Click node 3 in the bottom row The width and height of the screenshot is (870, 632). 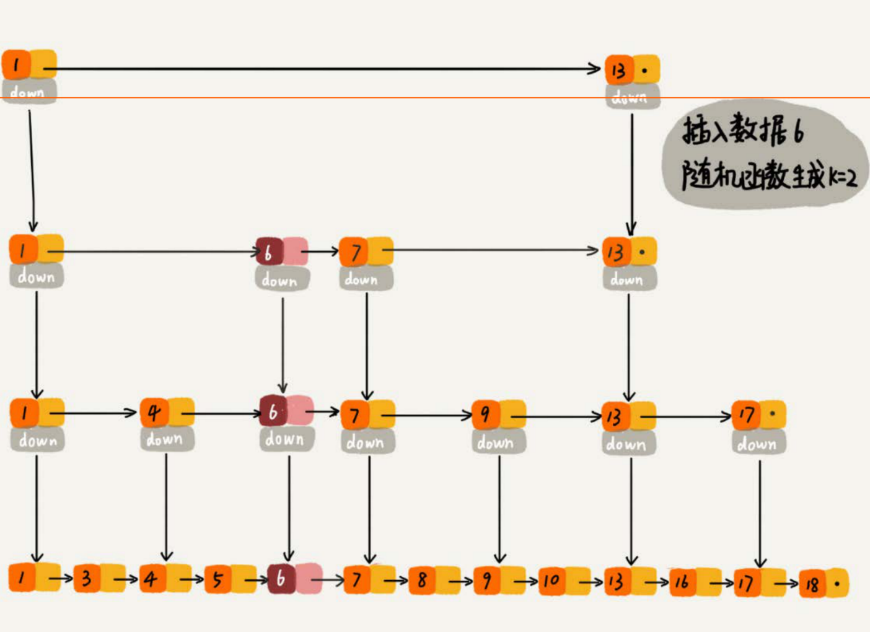(x=87, y=578)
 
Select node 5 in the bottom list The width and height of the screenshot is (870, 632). (x=217, y=579)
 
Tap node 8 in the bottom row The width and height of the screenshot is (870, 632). (x=422, y=580)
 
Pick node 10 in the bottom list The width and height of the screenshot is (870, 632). (x=551, y=581)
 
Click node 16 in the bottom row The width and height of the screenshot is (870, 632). (x=682, y=582)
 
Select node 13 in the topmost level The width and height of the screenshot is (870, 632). (x=618, y=71)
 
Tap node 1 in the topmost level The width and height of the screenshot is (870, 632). (x=16, y=64)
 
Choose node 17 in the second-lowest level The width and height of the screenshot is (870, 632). (x=747, y=415)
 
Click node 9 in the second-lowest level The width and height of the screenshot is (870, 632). (x=486, y=414)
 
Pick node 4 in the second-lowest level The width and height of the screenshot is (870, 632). (x=154, y=412)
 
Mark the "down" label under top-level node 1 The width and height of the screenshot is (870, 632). (x=28, y=92)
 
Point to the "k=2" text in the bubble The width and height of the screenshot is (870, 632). (x=843, y=178)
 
